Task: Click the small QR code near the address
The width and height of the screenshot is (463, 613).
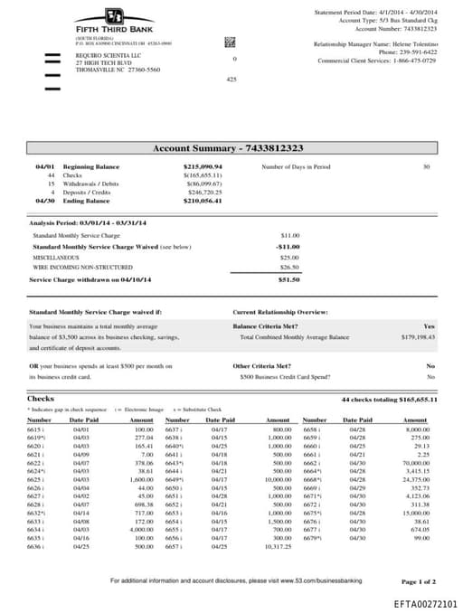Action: [230, 42]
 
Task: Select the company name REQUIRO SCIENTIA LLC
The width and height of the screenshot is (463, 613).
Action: [101, 55]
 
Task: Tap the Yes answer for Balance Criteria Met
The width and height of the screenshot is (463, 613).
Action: [429, 325]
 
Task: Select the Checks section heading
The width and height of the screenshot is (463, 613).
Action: [41, 399]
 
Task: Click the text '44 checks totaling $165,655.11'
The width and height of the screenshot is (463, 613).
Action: [389, 399]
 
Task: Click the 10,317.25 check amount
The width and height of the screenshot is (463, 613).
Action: [277, 522]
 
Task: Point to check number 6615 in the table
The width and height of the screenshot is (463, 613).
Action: [37, 429]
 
